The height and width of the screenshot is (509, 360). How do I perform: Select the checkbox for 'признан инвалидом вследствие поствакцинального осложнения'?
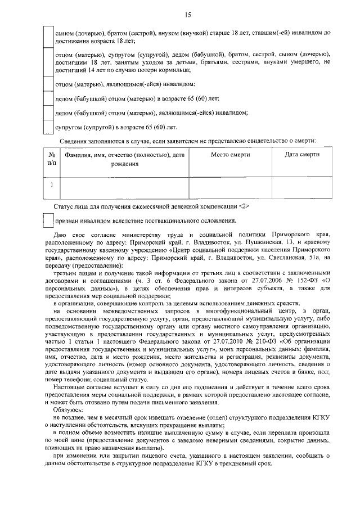[49, 220]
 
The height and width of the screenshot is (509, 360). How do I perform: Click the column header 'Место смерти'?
[230, 155]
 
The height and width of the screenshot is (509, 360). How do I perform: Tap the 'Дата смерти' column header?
[302, 155]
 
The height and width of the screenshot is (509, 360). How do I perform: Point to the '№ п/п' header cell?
[52, 159]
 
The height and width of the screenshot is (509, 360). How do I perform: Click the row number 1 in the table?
[52, 184]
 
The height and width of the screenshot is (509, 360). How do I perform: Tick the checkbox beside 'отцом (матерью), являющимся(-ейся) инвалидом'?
[49, 84]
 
